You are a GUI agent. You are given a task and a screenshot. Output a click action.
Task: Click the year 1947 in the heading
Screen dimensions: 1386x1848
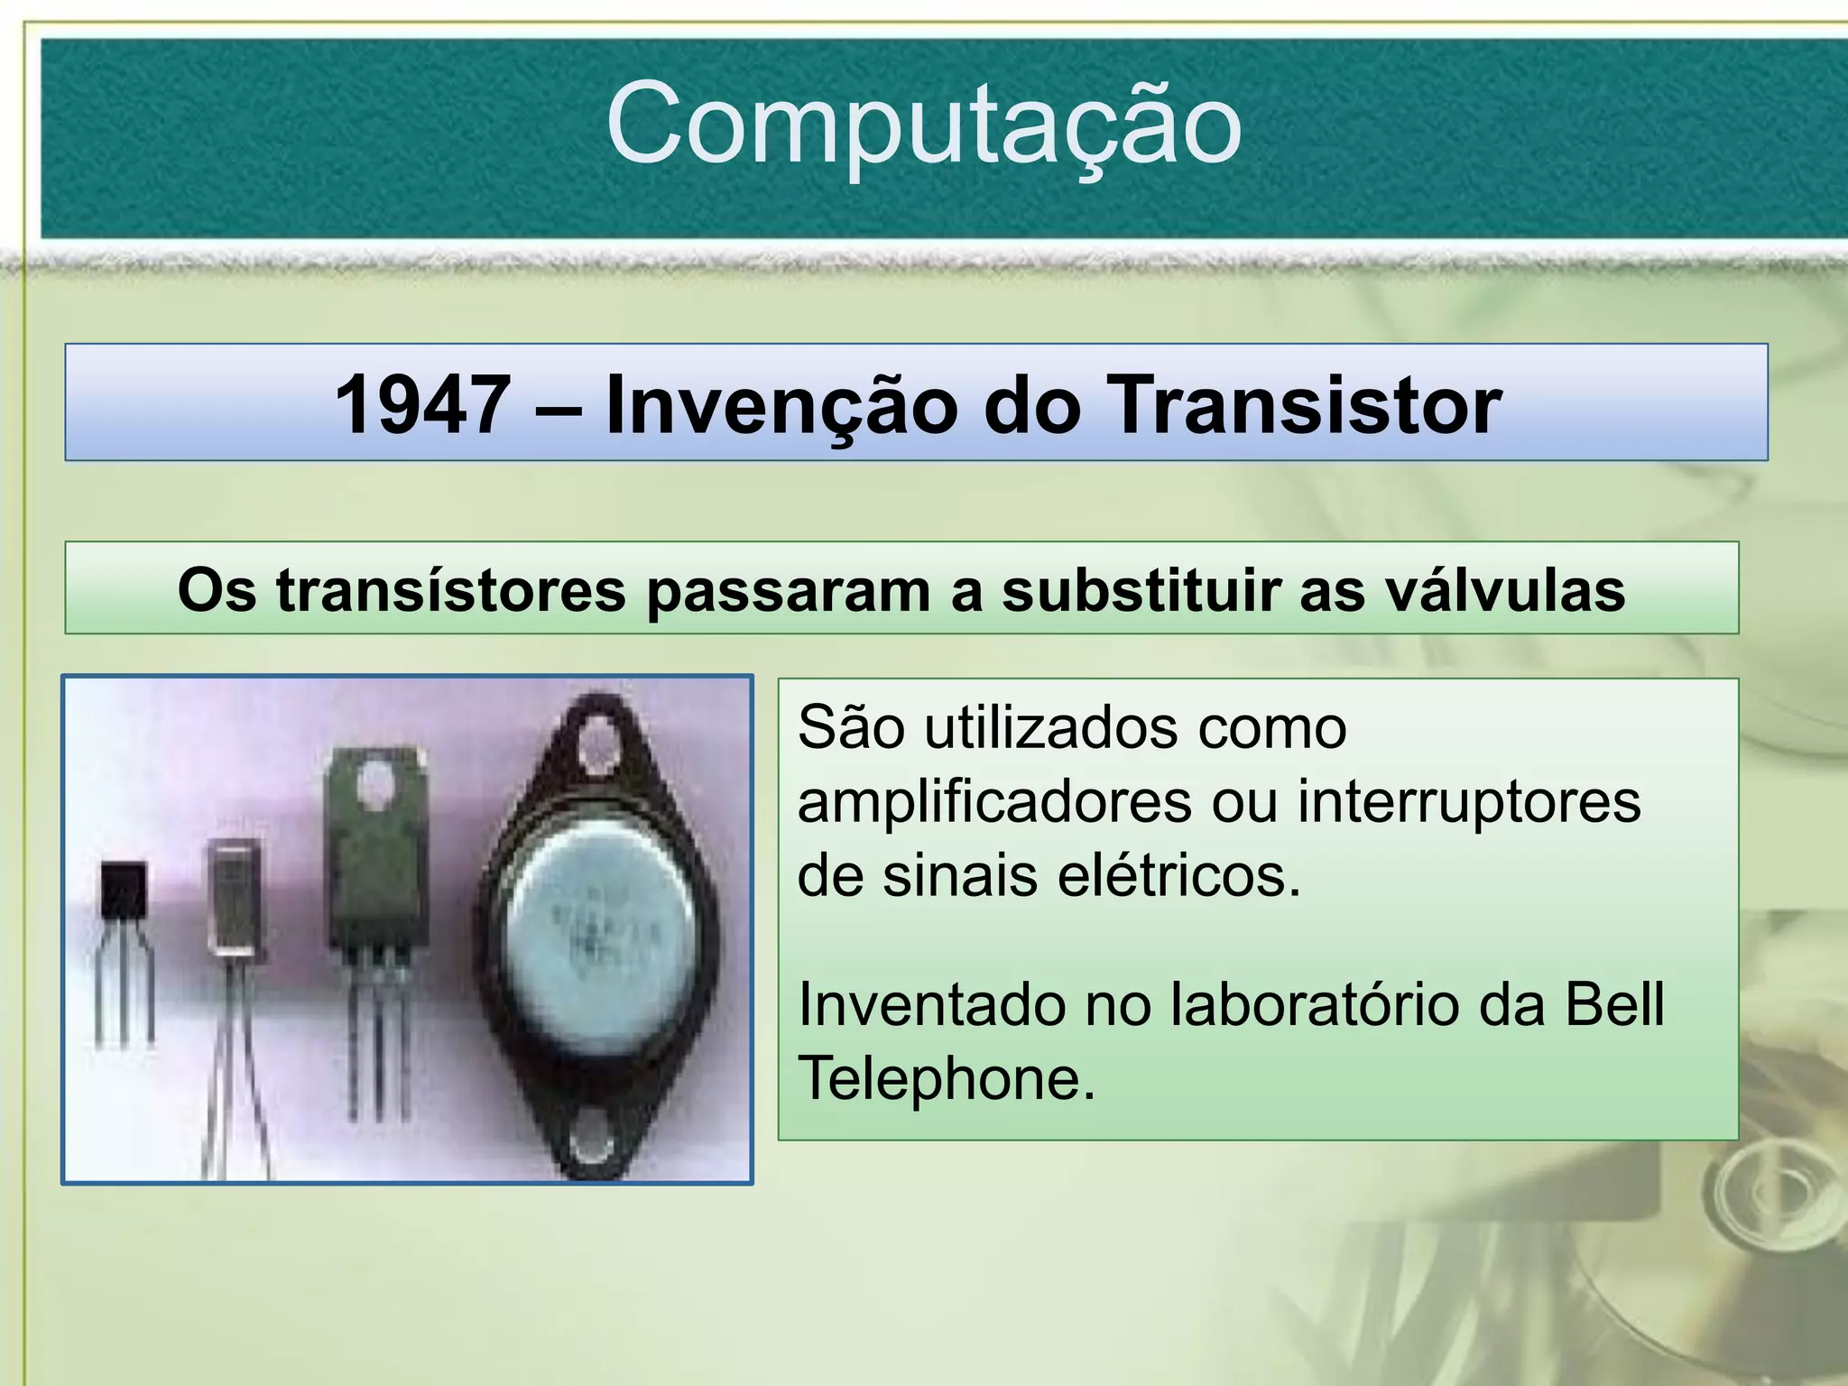(422, 405)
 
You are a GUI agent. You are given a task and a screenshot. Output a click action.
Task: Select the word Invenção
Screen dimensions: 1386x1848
(781, 405)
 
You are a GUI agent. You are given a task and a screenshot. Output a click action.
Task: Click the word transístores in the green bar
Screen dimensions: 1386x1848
(450, 591)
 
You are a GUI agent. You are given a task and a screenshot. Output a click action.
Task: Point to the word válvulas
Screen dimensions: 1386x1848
(1505, 591)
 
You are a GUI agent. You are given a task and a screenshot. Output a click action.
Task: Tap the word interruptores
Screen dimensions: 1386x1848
(1469, 802)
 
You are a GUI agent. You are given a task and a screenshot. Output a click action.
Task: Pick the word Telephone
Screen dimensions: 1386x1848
(946, 1078)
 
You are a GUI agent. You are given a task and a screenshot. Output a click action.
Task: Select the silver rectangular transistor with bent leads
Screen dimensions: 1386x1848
(236, 896)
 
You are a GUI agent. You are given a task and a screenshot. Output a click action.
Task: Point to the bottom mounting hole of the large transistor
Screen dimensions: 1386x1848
(591, 1148)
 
